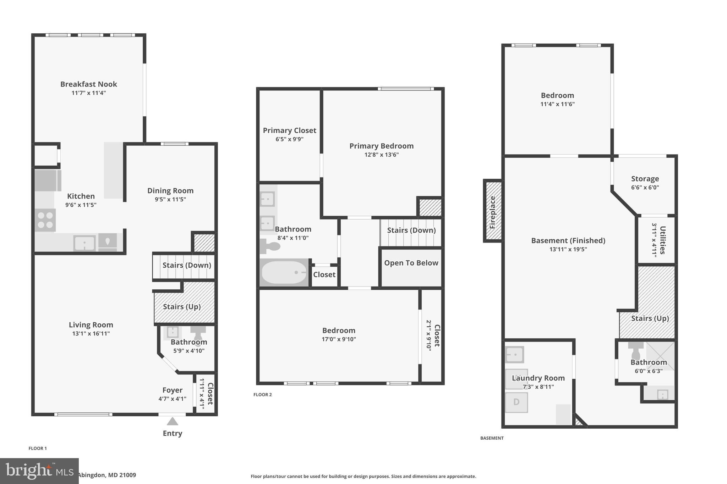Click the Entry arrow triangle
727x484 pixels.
[x=172, y=421]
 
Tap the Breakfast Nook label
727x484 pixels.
[x=88, y=84]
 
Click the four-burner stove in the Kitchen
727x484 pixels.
[x=45, y=220]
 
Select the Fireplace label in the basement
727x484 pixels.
[x=492, y=212]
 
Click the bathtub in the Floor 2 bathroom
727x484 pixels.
[x=284, y=272]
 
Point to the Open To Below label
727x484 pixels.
[x=411, y=263]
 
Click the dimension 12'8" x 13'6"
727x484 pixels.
[x=381, y=155]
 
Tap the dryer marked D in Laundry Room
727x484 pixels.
[x=516, y=402]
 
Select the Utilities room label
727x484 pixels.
[x=662, y=240]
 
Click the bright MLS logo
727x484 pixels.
[x=39, y=471]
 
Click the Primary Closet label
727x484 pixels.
[x=289, y=130]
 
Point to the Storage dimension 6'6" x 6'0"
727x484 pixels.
[x=645, y=188]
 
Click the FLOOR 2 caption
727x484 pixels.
[x=262, y=395]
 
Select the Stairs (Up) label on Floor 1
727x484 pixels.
[x=182, y=307]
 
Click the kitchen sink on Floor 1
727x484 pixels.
[x=84, y=243]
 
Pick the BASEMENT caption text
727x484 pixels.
[x=492, y=438]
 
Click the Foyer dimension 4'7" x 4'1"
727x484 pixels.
[x=172, y=399]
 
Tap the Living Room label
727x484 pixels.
[x=91, y=325]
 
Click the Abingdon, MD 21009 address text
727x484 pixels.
[x=107, y=475]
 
